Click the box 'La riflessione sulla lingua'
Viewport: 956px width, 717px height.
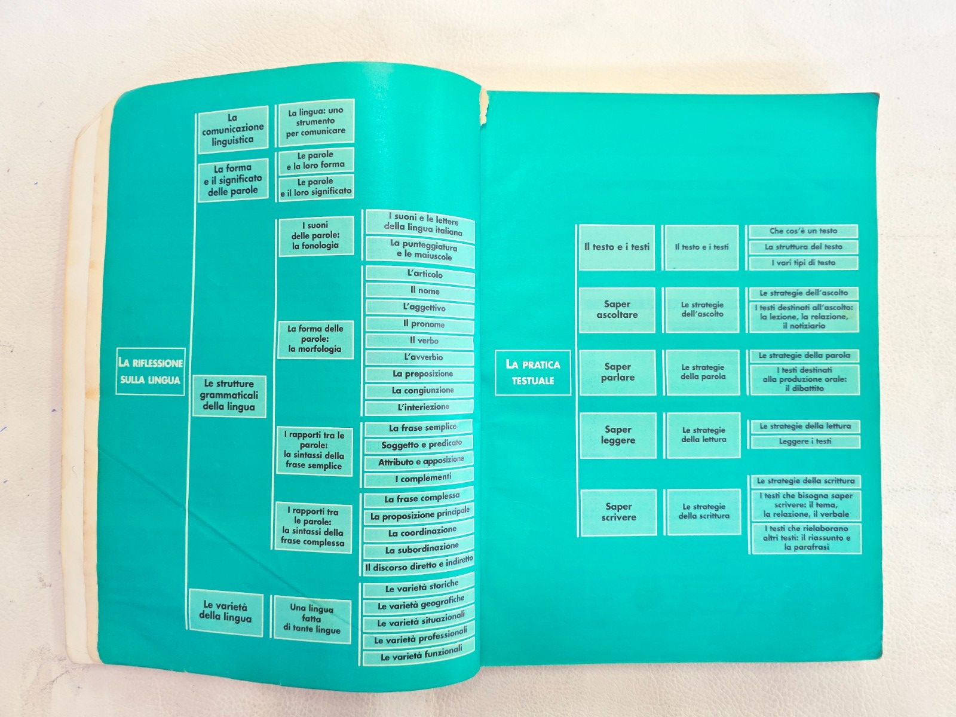click(151, 371)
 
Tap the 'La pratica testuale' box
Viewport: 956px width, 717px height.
click(532, 373)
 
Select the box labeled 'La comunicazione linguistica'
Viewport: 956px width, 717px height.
click(233, 129)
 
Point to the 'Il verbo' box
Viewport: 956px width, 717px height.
click(419, 341)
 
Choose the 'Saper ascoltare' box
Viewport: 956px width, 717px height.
click(617, 310)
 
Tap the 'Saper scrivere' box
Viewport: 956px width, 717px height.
click(618, 512)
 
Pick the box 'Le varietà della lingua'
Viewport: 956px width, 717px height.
click(226, 611)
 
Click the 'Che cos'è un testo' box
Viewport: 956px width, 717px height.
click(803, 231)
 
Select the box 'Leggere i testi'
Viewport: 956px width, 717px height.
click(805, 442)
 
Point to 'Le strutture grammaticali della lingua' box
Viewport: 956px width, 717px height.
click(229, 396)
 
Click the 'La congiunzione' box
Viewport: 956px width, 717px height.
click(419, 391)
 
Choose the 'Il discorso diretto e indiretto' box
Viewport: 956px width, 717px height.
click(419, 565)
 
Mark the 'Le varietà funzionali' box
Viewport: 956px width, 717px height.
click(418, 654)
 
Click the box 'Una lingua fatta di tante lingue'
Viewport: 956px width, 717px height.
click(312, 618)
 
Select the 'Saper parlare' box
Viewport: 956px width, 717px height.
click(618, 372)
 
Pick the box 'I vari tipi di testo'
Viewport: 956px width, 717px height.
click(804, 263)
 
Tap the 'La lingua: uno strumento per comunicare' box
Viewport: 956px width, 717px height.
click(316, 121)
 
